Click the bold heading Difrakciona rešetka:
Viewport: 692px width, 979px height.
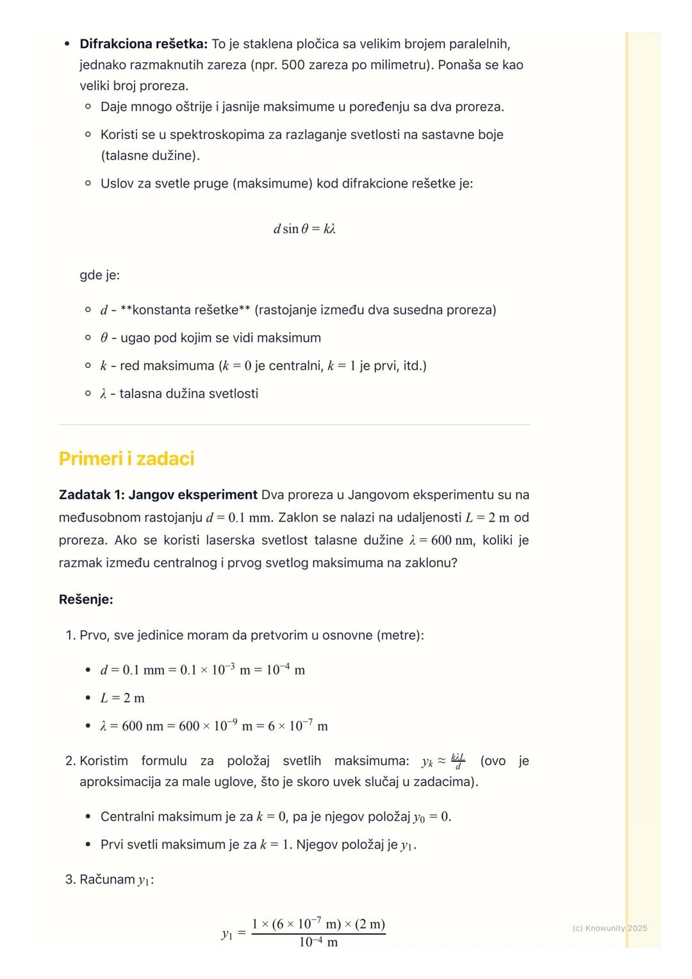[144, 44]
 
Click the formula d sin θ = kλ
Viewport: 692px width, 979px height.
[304, 229]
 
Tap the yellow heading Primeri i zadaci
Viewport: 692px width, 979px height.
[126, 459]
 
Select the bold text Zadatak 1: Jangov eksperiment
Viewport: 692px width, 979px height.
[158, 495]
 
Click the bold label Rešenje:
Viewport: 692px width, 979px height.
[86, 600]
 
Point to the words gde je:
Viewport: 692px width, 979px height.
[99, 275]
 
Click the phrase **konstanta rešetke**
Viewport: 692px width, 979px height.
[185, 310]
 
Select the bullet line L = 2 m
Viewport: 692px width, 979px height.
[122, 698]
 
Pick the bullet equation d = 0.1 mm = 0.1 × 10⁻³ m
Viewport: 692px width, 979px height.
[202, 670]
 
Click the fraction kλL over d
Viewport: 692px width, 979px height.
[457, 761]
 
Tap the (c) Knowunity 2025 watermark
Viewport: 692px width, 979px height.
[609, 928]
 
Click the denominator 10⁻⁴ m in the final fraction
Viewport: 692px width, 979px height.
[318, 942]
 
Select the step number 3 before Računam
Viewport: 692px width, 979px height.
[70, 879]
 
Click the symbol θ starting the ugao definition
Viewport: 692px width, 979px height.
[104, 338]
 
